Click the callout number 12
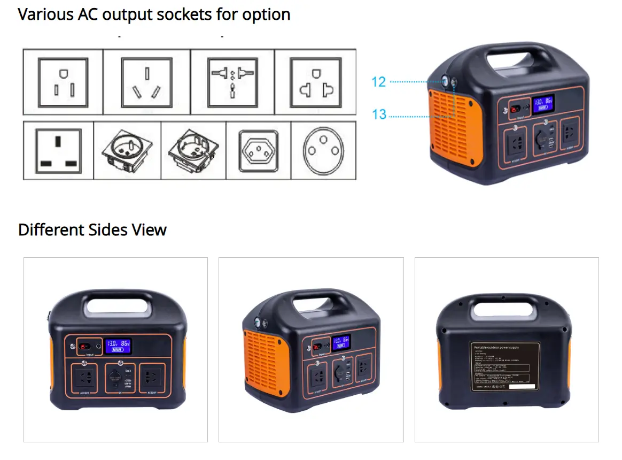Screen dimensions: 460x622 (378, 82)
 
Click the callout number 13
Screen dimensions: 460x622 (379, 114)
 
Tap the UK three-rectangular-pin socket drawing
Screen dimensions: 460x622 (58, 150)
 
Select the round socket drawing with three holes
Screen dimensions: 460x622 (323, 150)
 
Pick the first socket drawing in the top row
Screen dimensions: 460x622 (63, 82)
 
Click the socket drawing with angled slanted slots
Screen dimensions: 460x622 (146, 82)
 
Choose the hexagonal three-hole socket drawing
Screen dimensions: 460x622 (258, 150)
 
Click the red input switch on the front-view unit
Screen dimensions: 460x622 (84, 346)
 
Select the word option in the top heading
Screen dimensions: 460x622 (266, 14)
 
